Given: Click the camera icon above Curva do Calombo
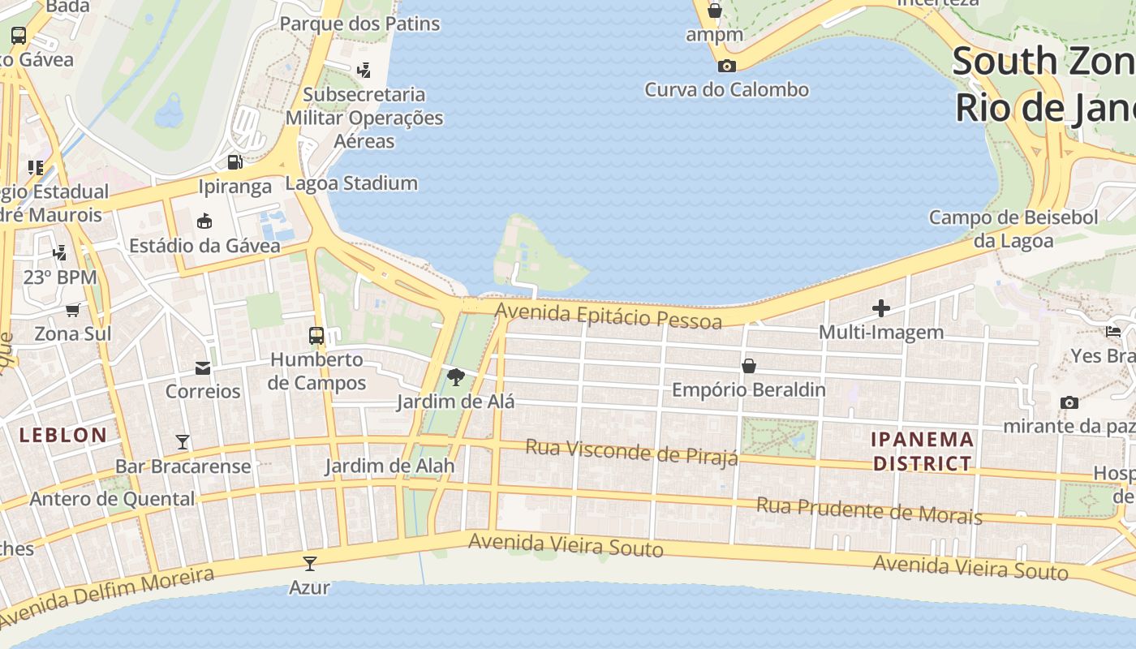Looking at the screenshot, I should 727,66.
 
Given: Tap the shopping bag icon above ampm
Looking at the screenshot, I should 715,11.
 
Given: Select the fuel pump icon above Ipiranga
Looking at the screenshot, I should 235,162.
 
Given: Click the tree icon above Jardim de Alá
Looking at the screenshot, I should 456,376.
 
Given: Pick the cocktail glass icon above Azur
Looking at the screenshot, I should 309,563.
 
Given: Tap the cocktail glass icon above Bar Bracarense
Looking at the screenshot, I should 183,442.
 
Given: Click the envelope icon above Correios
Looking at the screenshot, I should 203,368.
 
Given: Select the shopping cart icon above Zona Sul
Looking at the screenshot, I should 72,310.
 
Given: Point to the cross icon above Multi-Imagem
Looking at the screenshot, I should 880,308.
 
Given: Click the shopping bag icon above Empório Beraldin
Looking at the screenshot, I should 749,366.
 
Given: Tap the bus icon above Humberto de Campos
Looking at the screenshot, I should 316,335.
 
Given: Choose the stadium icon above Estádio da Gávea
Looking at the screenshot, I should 204,221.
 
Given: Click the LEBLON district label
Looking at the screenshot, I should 63,435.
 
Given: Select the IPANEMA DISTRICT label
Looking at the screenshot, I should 922,451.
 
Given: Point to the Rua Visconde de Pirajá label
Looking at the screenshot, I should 631,453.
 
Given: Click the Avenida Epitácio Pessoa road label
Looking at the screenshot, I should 608,316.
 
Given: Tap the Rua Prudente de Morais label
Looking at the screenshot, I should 869,511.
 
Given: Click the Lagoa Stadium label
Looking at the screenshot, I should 351,183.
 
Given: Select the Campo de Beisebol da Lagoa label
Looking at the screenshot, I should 1013,229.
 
